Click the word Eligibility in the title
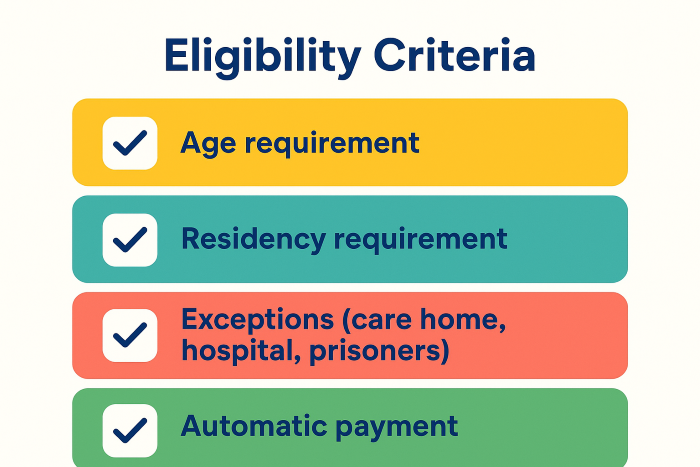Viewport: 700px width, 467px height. (262, 57)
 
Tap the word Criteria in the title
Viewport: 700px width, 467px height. (454, 55)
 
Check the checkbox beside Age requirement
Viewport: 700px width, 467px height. (130, 143)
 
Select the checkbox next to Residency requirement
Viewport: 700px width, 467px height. (130, 240)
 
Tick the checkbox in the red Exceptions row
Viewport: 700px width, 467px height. (130, 335)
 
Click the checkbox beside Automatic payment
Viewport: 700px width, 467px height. (130, 430)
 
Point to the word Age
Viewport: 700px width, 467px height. (208, 144)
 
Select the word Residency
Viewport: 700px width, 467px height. (254, 239)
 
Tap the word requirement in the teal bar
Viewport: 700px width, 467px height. (421, 239)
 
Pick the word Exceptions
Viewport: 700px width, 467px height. (258, 320)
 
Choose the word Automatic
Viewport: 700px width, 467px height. (254, 425)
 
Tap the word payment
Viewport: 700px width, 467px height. (396, 427)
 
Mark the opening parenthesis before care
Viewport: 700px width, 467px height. (347, 321)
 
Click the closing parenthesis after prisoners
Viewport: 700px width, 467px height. (444, 352)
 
